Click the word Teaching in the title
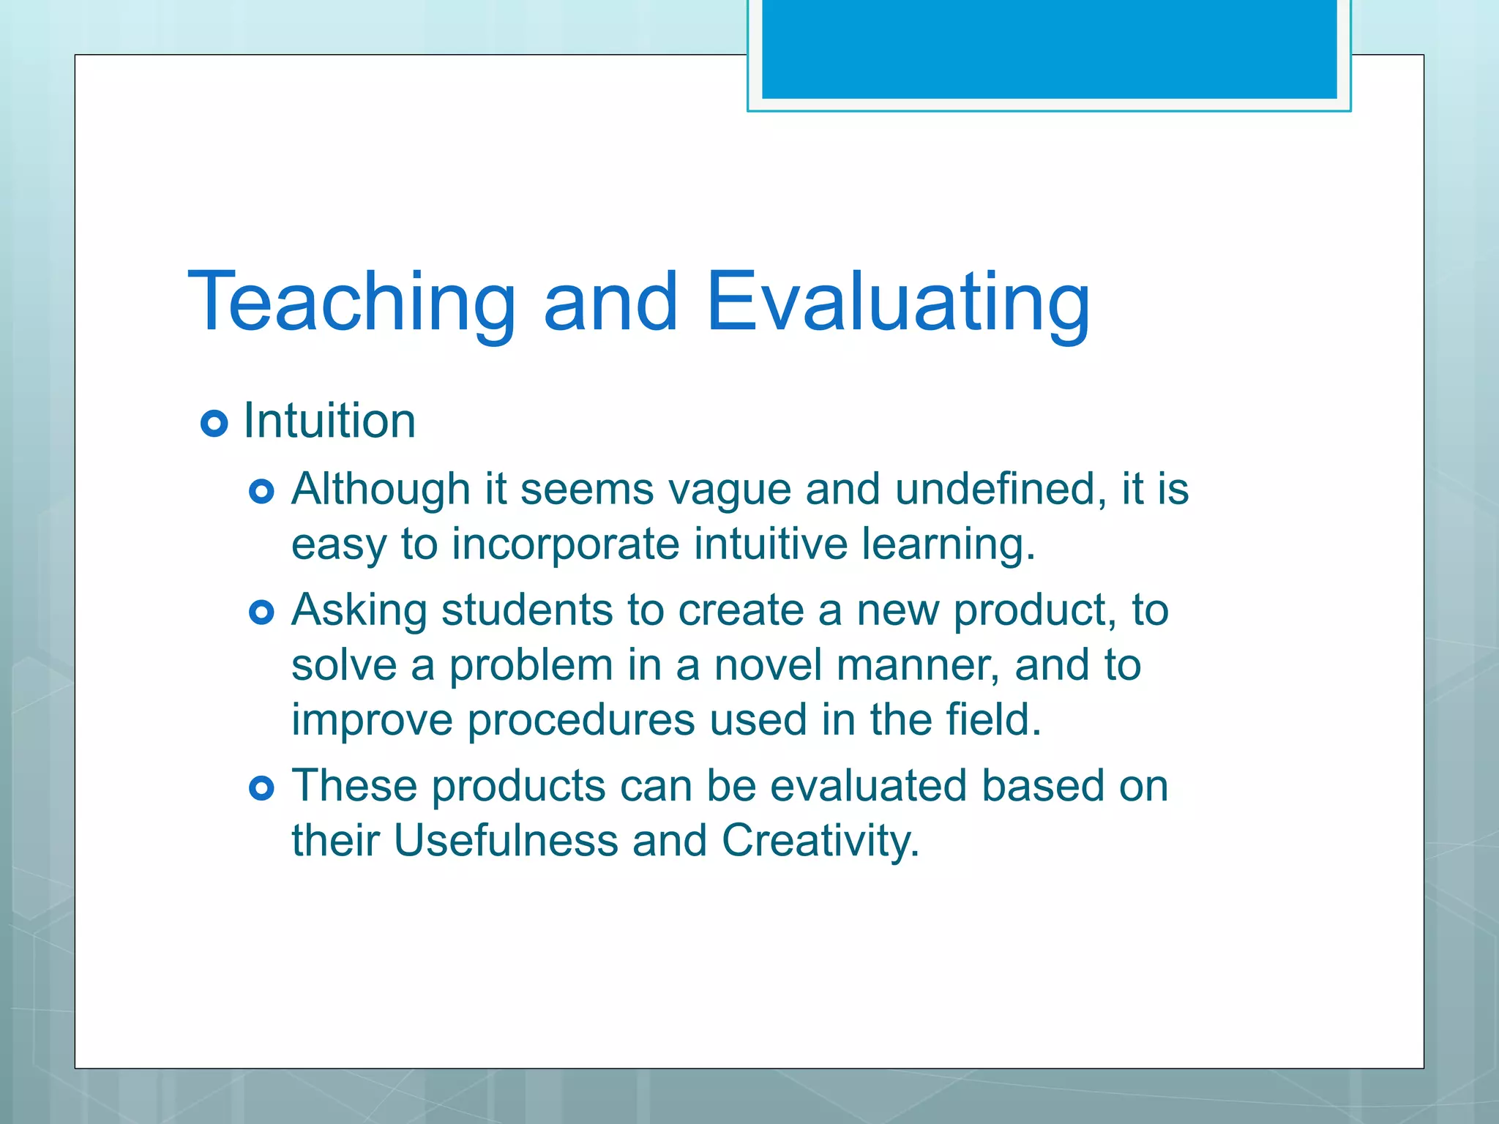click(x=352, y=301)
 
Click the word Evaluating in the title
click(x=898, y=301)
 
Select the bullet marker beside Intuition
click(x=214, y=423)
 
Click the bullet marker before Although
click(x=261, y=491)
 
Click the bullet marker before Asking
click(x=261, y=612)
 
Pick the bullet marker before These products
click(x=261, y=787)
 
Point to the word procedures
click(x=581, y=719)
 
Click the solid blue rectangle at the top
click(x=1049, y=48)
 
